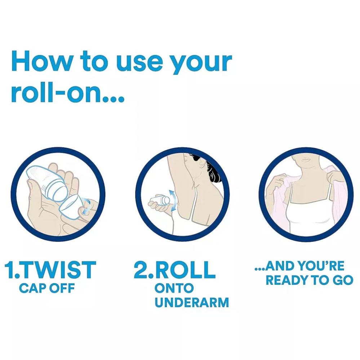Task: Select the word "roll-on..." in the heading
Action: click(68, 92)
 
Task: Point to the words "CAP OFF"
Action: click(47, 288)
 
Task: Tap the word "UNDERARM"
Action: click(192, 302)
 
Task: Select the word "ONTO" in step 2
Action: click(174, 288)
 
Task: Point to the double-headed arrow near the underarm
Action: click(174, 200)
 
